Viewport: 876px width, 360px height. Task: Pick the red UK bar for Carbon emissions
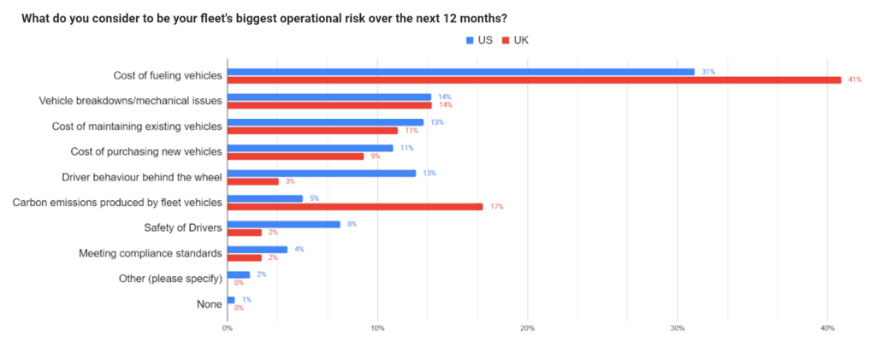click(x=355, y=206)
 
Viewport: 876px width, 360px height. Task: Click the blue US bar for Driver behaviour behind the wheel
click(x=322, y=173)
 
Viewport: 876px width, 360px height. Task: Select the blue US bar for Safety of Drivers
click(x=283, y=224)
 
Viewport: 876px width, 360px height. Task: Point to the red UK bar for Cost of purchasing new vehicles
click(x=295, y=156)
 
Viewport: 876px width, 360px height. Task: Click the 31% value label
click(x=707, y=71)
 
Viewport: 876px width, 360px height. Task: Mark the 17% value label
click(x=496, y=206)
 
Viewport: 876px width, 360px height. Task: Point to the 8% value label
click(x=352, y=224)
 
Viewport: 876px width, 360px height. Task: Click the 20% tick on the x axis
click(x=527, y=328)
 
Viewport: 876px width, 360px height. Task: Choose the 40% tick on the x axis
click(x=827, y=328)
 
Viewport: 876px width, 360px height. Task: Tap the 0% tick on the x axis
click(x=228, y=328)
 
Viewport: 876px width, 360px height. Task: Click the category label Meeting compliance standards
click(x=151, y=253)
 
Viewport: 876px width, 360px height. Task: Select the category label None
click(x=209, y=304)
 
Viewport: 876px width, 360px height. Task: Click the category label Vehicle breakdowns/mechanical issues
click(x=131, y=101)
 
